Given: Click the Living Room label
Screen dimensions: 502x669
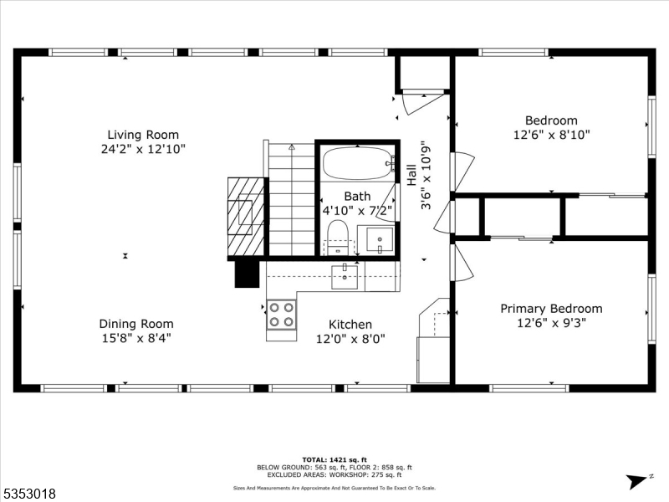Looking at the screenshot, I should (142, 135).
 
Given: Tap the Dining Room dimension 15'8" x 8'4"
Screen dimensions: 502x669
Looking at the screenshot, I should (136, 339).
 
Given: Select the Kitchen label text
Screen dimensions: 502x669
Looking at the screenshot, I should (350, 325).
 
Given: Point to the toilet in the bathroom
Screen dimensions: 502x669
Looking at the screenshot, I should (338, 237).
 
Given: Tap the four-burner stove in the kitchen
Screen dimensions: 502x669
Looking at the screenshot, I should (281, 315).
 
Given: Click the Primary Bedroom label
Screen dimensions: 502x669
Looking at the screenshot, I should (551, 309).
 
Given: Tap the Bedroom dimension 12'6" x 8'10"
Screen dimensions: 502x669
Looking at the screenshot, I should (551, 134).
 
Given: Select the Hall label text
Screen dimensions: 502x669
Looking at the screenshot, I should (411, 175).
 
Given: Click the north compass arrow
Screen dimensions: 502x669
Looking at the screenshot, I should (637, 480).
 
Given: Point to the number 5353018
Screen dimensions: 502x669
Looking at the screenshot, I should (29, 494).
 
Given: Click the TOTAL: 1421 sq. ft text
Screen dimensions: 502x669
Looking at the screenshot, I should (334, 459).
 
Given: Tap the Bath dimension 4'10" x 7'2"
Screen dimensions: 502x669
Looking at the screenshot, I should (357, 211).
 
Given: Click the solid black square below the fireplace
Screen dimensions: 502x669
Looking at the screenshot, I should (247, 273).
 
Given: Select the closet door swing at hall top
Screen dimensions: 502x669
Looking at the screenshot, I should (416, 103).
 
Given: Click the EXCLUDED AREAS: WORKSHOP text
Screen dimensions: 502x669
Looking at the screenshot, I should (334, 475).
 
